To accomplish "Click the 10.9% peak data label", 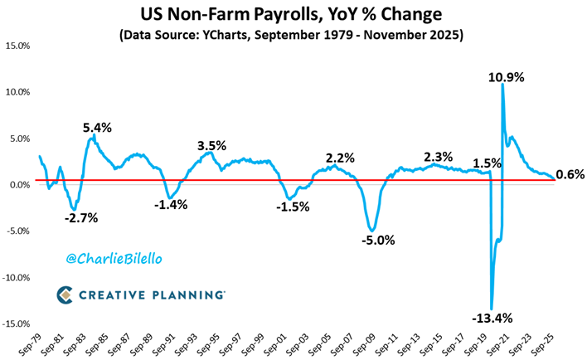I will (506, 77).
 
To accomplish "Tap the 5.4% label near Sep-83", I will (97, 128).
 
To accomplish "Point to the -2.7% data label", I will (80, 218).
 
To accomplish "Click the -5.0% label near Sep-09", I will (378, 241).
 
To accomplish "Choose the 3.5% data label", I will (211, 146).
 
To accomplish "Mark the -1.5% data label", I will (293, 206).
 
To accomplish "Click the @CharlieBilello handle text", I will (115, 259).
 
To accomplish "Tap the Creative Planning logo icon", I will (65, 294).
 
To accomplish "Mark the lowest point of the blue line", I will (492, 309).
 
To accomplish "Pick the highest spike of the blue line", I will (502, 84).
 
